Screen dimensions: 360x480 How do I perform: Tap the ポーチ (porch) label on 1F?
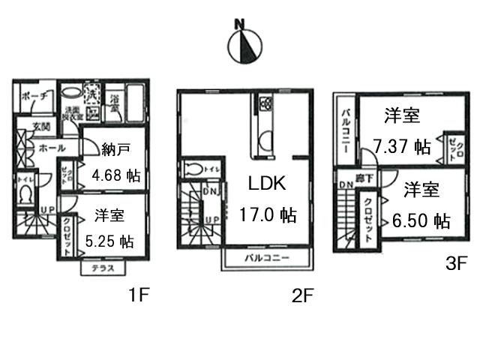pyautogui.click(x=35, y=97)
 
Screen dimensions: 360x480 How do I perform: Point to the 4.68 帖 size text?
pyautogui.click(x=115, y=177)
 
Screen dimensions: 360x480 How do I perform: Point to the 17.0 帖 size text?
pyautogui.click(x=267, y=216)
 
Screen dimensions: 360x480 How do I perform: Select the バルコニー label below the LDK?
pyautogui.click(x=267, y=259)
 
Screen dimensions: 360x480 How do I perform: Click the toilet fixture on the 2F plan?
pyautogui.click(x=194, y=167)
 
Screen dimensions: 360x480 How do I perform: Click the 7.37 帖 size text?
pyautogui.click(x=402, y=145)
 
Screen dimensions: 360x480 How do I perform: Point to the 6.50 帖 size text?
pyautogui.click(x=421, y=221)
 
